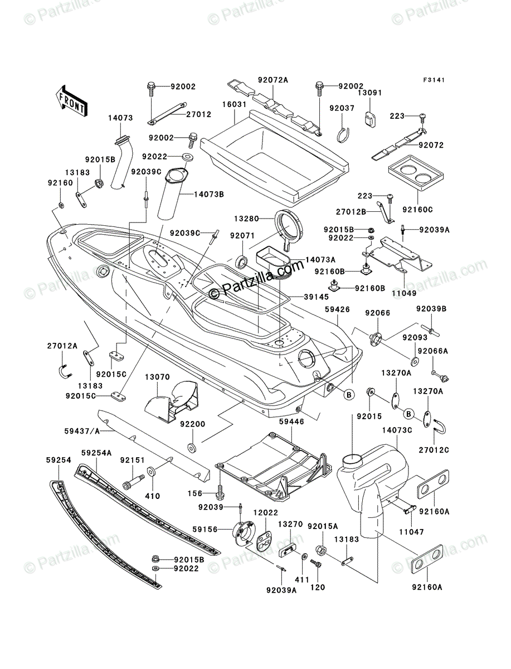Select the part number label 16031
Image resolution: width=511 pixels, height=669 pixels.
(234, 105)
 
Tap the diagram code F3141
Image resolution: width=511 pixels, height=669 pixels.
(434, 80)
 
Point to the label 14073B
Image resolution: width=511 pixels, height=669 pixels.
(209, 194)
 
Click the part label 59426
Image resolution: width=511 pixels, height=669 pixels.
(338, 309)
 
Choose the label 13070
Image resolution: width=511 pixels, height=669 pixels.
(157, 377)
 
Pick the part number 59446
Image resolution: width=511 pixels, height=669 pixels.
(292, 422)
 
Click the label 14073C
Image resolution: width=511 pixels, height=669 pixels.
(397, 430)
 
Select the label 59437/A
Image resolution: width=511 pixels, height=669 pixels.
(82, 432)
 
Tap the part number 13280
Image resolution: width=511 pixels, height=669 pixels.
(246, 219)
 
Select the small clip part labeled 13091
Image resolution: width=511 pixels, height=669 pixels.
(369, 118)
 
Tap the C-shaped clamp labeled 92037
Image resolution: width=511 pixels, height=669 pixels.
(343, 134)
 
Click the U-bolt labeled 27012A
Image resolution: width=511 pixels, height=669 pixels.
(64, 371)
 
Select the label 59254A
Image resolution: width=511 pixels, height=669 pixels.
(96, 453)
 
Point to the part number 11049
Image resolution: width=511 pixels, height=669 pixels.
(404, 293)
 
